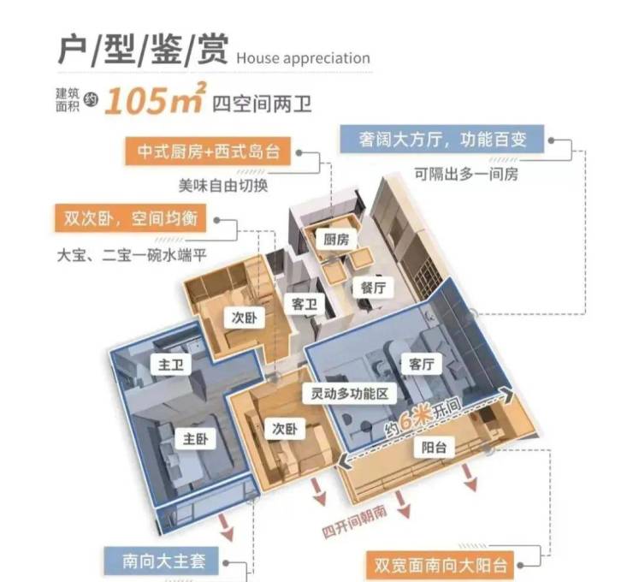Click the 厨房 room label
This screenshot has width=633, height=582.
336,240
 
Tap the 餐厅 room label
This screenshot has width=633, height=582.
374,288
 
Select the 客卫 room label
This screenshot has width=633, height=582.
304,304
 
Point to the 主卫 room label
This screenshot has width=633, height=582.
170,365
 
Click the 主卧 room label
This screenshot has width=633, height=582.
195,438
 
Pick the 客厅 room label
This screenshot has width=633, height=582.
421,364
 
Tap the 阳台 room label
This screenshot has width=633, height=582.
434,447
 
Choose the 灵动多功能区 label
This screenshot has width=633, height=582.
350,393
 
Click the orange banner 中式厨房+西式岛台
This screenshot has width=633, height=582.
208,151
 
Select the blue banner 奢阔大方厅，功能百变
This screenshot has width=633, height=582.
442,140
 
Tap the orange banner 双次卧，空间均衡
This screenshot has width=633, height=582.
130,218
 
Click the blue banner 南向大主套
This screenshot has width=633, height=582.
162,561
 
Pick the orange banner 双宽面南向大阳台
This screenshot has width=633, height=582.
440,565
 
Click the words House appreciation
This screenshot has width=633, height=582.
303,58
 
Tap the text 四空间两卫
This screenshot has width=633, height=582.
262,104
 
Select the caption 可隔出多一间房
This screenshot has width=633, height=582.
466,175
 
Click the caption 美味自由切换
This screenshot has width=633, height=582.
223,186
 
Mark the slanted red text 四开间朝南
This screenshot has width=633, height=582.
354,521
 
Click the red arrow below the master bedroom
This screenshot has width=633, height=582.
227,527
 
